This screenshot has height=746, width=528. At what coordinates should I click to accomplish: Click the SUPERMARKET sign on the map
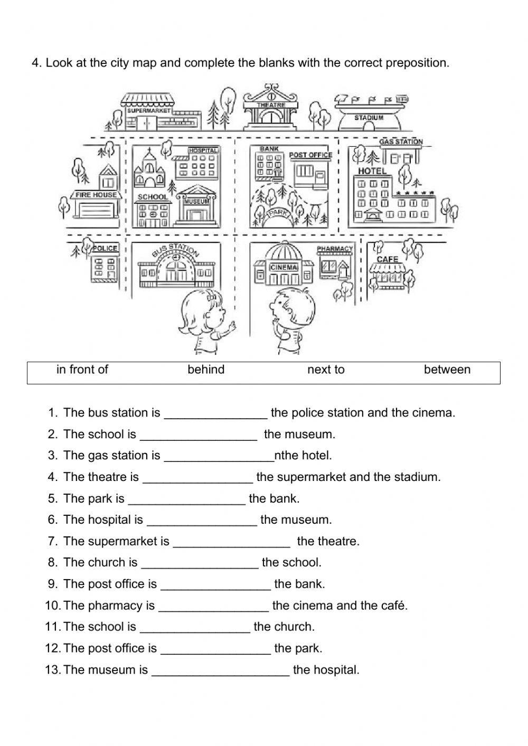click(149, 111)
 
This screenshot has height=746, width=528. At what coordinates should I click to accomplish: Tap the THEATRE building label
click(271, 105)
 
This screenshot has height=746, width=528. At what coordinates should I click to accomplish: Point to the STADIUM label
click(369, 117)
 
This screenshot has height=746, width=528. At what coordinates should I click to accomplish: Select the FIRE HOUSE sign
click(96, 195)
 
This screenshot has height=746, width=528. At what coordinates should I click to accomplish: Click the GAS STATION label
click(401, 141)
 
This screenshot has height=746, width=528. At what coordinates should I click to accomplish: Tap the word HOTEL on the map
click(372, 171)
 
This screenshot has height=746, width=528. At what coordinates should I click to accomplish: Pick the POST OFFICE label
click(310, 155)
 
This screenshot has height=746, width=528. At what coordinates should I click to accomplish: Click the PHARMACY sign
click(335, 249)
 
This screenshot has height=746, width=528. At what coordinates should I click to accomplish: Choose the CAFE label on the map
click(387, 259)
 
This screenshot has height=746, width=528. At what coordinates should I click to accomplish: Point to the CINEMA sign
click(284, 267)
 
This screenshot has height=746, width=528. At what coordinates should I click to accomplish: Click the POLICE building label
click(106, 248)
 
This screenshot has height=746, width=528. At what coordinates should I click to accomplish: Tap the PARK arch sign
click(277, 212)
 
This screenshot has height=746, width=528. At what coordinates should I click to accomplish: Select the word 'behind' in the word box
click(206, 370)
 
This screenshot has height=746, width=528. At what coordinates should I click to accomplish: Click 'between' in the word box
click(447, 370)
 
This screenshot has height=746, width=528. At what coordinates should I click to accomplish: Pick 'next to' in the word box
click(326, 370)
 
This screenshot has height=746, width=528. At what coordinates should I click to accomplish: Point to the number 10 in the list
click(52, 606)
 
